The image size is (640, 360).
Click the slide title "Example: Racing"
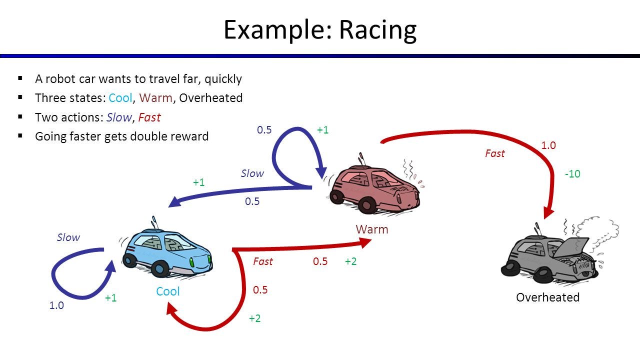pyautogui.click(x=319, y=29)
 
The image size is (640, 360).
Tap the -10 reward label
pyautogui.click(x=572, y=174)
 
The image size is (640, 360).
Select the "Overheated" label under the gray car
pyautogui.click(x=547, y=297)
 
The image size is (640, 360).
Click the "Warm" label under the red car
pyautogui.click(x=371, y=229)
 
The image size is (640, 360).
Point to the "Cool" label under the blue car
pyautogui.click(x=167, y=291)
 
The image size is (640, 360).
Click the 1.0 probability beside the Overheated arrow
pyautogui.click(x=548, y=145)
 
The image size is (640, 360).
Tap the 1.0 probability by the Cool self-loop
pyautogui.click(x=56, y=305)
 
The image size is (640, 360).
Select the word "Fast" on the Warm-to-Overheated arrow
pyautogui.click(x=494, y=153)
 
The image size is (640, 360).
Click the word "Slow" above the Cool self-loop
pyautogui.click(x=68, y=237)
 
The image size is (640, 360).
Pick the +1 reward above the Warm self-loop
pyautogui.click(x=322, y=130)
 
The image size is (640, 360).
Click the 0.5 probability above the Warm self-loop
pyautogui.click(x=264, y=130)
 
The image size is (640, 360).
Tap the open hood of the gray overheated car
pyautogui.click(x=574, y=247)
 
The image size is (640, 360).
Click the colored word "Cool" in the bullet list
pyautogui.click(x=120, y=98)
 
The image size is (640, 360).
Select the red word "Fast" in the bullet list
pyautogui.click(x=149, y=117)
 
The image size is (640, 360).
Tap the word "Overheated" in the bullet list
pyautogui.click(x=210, y=98)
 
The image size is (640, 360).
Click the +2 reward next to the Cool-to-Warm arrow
pyautogui.click(x=350, y=261)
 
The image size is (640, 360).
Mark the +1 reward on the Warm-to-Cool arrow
pyautogui.click(x=198, y=182)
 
